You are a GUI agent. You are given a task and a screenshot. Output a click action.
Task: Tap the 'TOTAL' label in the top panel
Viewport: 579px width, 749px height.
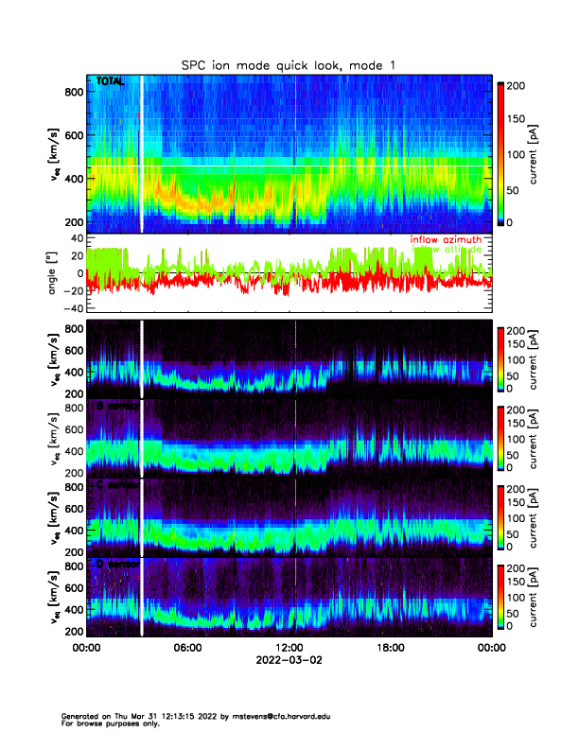pos(110,83)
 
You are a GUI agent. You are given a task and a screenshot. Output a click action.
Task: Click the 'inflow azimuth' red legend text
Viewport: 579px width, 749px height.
pos(445,240)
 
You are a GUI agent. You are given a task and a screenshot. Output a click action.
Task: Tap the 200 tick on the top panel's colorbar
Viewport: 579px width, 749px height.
pos(515,85)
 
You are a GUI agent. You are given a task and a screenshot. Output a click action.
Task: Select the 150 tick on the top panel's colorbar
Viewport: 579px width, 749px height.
pos(515,119)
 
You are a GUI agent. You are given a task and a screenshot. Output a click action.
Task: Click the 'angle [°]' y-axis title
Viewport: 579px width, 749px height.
pos(55,274)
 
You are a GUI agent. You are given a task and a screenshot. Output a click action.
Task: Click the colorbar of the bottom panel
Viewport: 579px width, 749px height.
pos(501,597)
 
